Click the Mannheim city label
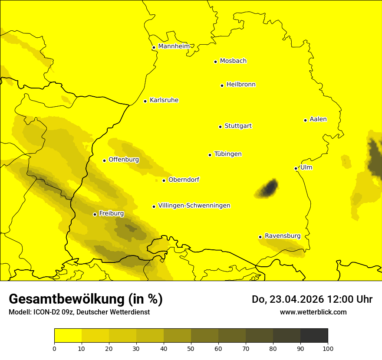(174, 46)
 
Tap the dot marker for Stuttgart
(220, 127)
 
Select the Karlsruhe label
(164, 100)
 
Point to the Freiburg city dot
(95, 214)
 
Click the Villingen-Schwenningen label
(194, 206)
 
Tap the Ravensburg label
(282, 236)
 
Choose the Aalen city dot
(305, 120)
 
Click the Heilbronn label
(241, 85)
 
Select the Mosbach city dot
(215, 62)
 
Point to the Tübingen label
(228, 154)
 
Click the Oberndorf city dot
(164, 180)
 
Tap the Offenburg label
(124, 160)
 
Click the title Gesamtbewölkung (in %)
(86, 299)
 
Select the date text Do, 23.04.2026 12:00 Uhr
(312, 299)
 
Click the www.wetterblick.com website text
(313, 312)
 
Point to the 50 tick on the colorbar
(191, 348)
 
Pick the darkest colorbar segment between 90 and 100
(314, 335)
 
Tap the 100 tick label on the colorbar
(328, 348)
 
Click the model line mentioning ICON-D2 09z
(79, 312)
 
